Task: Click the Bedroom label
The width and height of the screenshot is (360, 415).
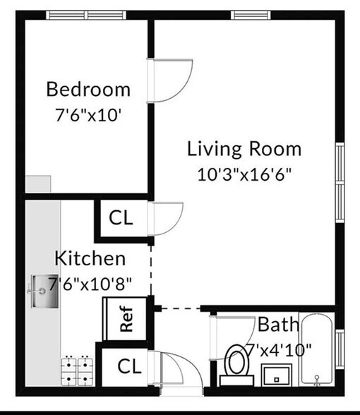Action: pyautogui.click(x=88, y=90)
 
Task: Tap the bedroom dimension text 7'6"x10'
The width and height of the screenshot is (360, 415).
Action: pyautogui.click(x=88, y=115)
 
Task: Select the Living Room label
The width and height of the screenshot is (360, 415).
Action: pyautogui.click(x=244, y=149)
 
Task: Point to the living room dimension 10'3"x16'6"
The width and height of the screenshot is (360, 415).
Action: pyautogui.click(x=244, y=174)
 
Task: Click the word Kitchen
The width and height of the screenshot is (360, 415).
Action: pyautogui.click(x=90, y=258)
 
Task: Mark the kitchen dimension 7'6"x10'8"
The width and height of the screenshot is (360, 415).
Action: pyautogui.click(x=90, y=284)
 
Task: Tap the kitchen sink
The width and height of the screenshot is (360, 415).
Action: pyautogui.click(x=44, y=291)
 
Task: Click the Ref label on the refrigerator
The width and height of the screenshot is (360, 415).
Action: pyautogui.click(x=126, y=319)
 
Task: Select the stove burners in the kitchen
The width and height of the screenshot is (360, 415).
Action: pyautogui.click(x=77, y=371)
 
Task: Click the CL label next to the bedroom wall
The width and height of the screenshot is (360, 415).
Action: pyautogui.click(x=121, y=217)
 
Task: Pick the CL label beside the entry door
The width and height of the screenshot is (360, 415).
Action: pyautogui.click(x=129, y=366)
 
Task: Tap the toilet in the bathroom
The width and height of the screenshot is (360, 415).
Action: pyautogui.click(x=237, y=366)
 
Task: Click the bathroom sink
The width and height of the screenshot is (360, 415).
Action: pyautogui.click(x=277, y=375)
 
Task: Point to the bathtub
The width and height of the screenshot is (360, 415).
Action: pyautogui.click(x=317, y=349)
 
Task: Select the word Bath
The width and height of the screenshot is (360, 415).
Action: pyautogui.click(x=278, y=325)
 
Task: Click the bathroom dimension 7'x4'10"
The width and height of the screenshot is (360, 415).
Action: pyautogui.click(x=279, y=350)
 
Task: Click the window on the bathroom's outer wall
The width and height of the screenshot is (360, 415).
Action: pyautogui.click(x=340, y=349)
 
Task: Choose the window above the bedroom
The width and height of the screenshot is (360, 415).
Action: pyautogui.click(x=86, y=15)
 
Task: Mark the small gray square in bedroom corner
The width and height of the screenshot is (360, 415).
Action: pyautogui.click(x=38, y=184)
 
